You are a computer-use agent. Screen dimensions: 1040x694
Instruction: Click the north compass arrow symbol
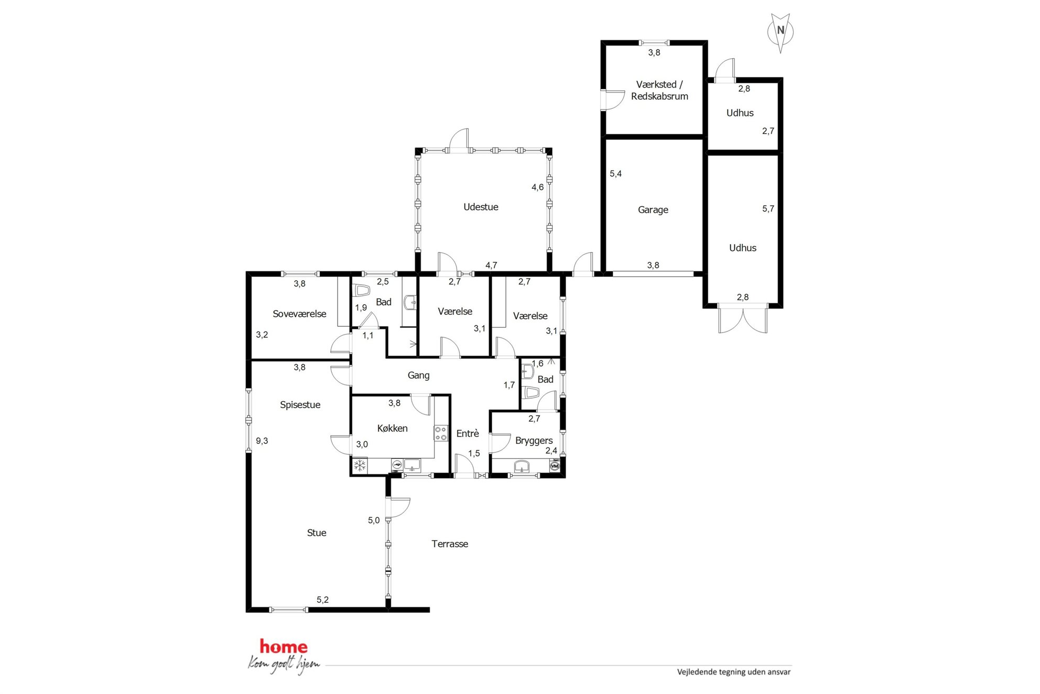pyautogui.click(x=781, y=33)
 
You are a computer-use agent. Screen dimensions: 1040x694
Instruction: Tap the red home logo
pyautogui.click(x=284, y=647)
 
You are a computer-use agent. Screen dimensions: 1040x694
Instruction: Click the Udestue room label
pyautogui.click(x=481, y=207)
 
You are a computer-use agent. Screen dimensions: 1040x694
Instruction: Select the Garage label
pyautogui.click(x=653, y=210)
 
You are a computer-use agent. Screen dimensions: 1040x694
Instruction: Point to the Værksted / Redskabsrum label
pyautogui.click(x=659, y=90)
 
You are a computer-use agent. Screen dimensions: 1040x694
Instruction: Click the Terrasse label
pyautogui.click(x=450, y=544)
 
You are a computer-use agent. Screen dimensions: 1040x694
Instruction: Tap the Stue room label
pyautogui.click(x=317, y=533)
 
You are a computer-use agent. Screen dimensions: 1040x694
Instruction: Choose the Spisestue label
pyautogui.click(x=300, y=405)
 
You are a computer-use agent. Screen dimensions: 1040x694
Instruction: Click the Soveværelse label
pyautogui.click(x=299, y=314)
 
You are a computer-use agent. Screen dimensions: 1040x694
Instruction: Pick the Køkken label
pyautogui.click(x=392, y=429)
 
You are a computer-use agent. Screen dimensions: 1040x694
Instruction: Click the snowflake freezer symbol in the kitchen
pyautogui.click(x=360, y=465)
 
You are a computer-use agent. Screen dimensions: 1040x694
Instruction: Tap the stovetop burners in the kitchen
pyautogui.click(x=441, y=433)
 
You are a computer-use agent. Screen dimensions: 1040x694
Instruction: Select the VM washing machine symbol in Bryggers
pyautogui.click(x=555, y=465)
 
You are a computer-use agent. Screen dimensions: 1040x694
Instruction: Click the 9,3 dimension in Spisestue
pyautogui.click(x=262, y=441)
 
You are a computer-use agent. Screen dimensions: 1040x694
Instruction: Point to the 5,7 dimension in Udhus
pyautogui.click(x=768, y=209)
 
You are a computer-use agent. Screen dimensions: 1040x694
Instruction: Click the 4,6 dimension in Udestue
pyautogui.click(x=538, y=187)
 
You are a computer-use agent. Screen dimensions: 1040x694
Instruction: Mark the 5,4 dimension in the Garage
pyautogui.click(x=616, y=174)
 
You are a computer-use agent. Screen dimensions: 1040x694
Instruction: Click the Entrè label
pyautogui.click(x=468, y=434)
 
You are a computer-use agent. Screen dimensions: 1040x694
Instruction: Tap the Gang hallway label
pyautogui.click(x=419, y=376)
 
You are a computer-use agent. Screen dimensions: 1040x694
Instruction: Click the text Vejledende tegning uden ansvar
pyautogui.click(x=734, y=672)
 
